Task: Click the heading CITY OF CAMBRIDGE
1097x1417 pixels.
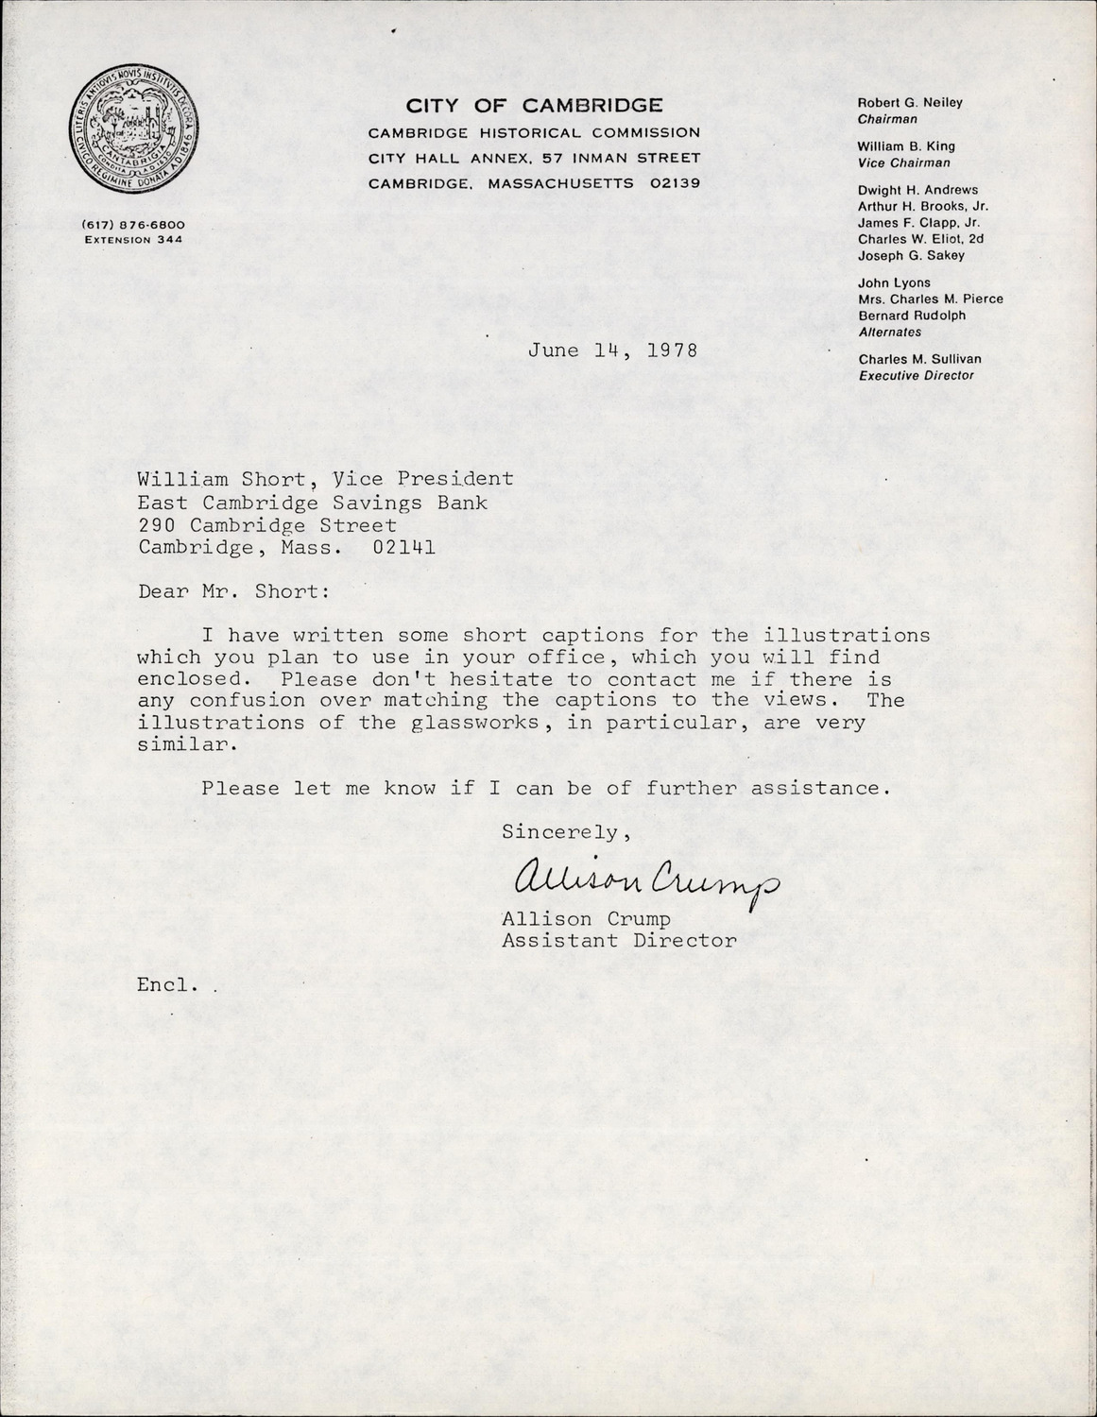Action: tap(534, 105)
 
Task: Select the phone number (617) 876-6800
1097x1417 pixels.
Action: tap(133, 225)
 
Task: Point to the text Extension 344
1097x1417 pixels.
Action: tap(133, 240)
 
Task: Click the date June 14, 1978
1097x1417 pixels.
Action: tap(612, 350)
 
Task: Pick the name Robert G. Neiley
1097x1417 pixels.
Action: tap(910, 103)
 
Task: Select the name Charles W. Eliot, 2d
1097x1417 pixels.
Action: tap(920, 239)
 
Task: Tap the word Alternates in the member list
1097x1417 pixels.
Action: tap(889, 333)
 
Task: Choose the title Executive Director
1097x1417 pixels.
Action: tap(916, 376)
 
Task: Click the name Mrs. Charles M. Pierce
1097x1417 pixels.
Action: tap(930, 299)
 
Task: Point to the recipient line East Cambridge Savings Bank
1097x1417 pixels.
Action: tap(313, 503)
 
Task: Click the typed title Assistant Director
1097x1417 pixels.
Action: tap(618, 941)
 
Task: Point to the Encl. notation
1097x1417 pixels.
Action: tap(168, 984)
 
